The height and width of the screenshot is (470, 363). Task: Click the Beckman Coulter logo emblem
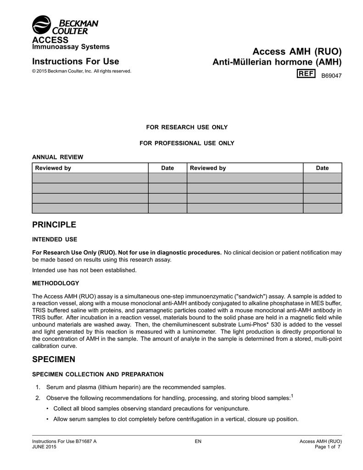click(x=42, y=25)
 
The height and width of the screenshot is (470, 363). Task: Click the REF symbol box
click(x=306, y=74)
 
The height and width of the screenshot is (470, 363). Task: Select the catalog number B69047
click(x=331, y=75)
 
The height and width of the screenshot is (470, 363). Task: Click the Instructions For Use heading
click(x=76, y=62)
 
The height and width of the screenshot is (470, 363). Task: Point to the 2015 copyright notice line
click(x=82, y=71)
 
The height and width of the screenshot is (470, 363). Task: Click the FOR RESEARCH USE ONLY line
click(x=187, y=127)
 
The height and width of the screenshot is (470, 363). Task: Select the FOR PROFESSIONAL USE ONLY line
click(x=187, y=143)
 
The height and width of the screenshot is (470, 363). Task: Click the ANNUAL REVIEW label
click(x=58, y=157)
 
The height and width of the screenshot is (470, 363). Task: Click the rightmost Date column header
click(x=322, y=168)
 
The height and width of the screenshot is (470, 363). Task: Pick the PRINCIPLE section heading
click(x=54, y=225)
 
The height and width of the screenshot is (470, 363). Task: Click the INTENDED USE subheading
click(x=55, y=239)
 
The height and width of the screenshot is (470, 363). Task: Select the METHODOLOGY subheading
click(x=56, y=283)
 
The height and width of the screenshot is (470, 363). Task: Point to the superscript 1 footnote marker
click(x=292, y=396)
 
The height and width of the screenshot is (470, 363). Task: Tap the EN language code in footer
click(x=198, y=442)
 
